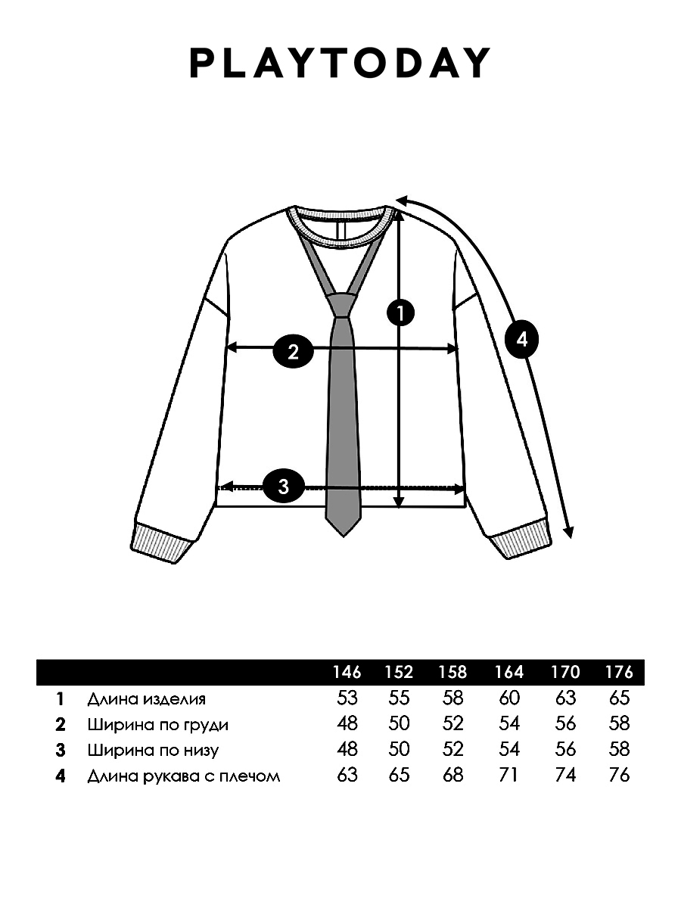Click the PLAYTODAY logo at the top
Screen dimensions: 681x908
340,63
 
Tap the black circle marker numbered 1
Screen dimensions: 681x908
400,313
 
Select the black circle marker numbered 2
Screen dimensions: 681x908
293,352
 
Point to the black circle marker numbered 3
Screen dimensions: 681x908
284,487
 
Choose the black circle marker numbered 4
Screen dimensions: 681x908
522,340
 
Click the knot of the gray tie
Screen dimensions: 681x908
342,305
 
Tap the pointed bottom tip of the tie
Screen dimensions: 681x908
344,536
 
